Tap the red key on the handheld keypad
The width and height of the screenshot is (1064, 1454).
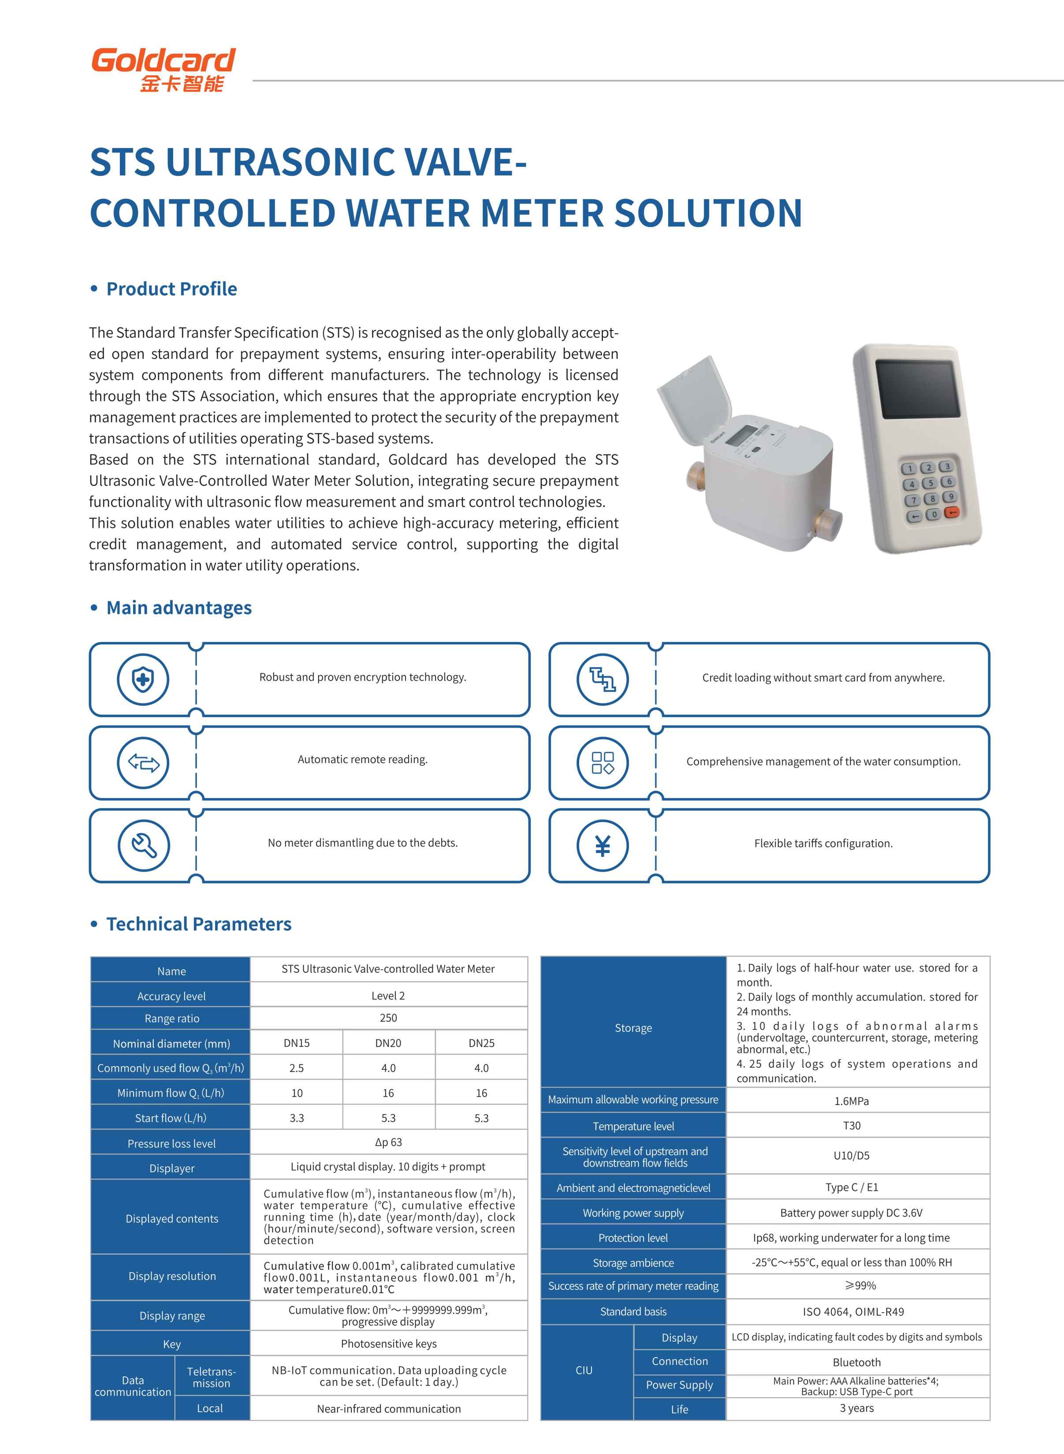click(951, 512)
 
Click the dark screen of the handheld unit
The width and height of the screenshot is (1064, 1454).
click(917, 388)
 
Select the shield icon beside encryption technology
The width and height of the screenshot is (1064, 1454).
click(143, 679)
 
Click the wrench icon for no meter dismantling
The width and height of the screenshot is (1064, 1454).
click(143, 845)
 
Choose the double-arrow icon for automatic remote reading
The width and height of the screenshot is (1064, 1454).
click(143, 763)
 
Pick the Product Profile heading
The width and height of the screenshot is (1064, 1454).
click(171, 289)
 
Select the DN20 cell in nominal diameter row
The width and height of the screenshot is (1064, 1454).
click(388, 1043)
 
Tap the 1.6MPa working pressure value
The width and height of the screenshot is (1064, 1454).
click(852, 1101)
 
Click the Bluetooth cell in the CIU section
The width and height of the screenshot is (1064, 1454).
click(856, 1362)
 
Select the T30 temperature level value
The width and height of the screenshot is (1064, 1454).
click(852, 1126)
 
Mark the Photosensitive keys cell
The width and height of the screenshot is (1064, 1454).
click(388, 1344)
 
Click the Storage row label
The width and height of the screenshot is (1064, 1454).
click(633, 1028)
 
